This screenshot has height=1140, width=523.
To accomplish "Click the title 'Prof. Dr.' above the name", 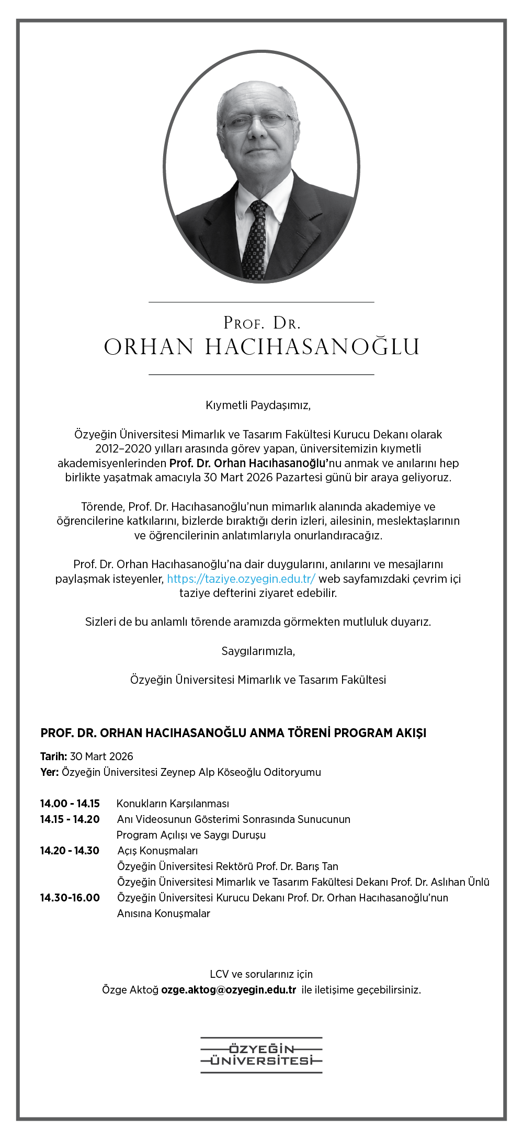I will click(x=261, y=323).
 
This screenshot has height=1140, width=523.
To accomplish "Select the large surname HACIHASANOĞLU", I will click(x=312, y=347).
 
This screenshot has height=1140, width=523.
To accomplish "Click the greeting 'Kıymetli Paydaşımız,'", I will click(x=258, y=405).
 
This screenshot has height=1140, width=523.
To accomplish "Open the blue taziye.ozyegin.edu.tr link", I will click(x=241, y=579).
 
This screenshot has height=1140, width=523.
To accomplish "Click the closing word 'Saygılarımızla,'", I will click(x=258, y=651).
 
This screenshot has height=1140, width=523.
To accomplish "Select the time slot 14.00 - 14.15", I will click(x=70, y=803).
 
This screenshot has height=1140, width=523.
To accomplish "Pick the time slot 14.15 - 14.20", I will click(x=70, y=819).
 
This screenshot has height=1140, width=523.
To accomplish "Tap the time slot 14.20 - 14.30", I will click(x=70, y=850).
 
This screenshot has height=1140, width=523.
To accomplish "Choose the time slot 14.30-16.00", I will click(x=70, y=897).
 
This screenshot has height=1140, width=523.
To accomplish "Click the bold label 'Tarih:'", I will click(x=53, y=756).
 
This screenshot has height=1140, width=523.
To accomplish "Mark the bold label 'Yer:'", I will click(x=49, y=772).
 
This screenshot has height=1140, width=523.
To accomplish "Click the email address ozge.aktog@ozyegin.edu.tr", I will click(x=229, y=989).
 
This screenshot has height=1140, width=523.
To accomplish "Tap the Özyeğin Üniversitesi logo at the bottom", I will click(x=261, y=1055).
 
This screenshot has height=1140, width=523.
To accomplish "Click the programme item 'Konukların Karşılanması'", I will click(x=173, y=803).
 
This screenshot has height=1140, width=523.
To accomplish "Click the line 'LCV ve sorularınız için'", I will click(x=261, y=974).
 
